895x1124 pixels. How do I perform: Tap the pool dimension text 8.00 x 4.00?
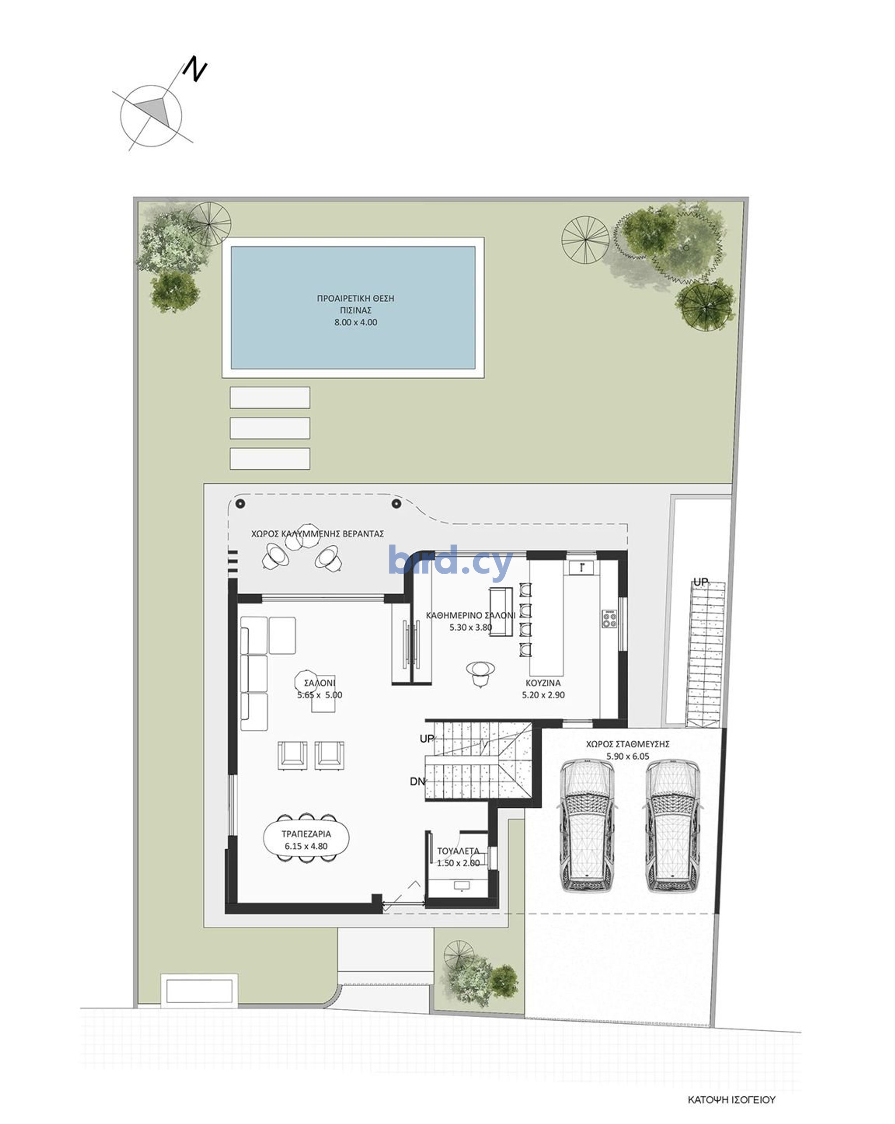pyautogui.click(x=355, y=322)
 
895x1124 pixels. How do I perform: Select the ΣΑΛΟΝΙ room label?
pyautogui.click(x=319, y=682)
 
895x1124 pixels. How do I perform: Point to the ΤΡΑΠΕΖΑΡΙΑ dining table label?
pyautogui.click(x=306, y=833)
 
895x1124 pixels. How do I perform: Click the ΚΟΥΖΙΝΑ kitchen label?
pyautogui.click(x=543, y=682)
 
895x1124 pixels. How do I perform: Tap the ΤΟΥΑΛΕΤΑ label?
pyautogui.click(x=458, y=851)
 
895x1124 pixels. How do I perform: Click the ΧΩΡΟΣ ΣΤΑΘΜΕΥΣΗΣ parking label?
pyautogui.click(x=627, y=744)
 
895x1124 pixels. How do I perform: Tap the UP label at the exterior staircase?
pyautogui.click(x=700, y=582)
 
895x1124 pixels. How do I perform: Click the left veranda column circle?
pyautogui.click(x=240, y=504)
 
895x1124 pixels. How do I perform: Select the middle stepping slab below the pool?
pyautogui.click(x=270, y=428)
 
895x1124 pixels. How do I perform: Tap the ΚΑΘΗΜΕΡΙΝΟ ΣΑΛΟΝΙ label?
pyautogui.click(x=470, y=615)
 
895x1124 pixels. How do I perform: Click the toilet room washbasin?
pyautogui.click(x=461, y=885)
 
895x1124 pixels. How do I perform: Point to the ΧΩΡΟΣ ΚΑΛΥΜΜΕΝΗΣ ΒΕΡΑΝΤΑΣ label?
pyautogui.click(x=317, y=534)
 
